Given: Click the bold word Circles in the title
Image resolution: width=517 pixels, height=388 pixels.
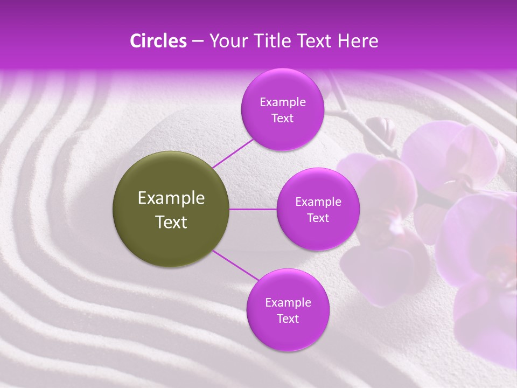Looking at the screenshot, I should [158, 41].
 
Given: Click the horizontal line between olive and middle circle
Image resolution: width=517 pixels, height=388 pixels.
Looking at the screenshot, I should [253, 209].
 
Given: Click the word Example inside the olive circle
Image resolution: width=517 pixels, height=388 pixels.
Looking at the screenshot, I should [171, 198].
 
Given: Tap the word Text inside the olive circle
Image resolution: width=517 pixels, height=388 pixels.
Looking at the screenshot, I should [171, 222].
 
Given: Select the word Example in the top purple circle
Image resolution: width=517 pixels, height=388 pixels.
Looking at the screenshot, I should [282, 102].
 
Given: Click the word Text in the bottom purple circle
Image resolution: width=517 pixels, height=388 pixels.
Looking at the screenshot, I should [288, 318].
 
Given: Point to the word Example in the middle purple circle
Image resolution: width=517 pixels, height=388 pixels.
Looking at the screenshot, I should [318, 202].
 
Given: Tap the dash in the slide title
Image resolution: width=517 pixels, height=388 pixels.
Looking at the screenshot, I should [198, 41].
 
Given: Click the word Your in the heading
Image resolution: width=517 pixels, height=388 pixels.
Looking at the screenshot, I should [224, 41].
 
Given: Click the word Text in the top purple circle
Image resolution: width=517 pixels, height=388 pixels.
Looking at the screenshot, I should [282, 118].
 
